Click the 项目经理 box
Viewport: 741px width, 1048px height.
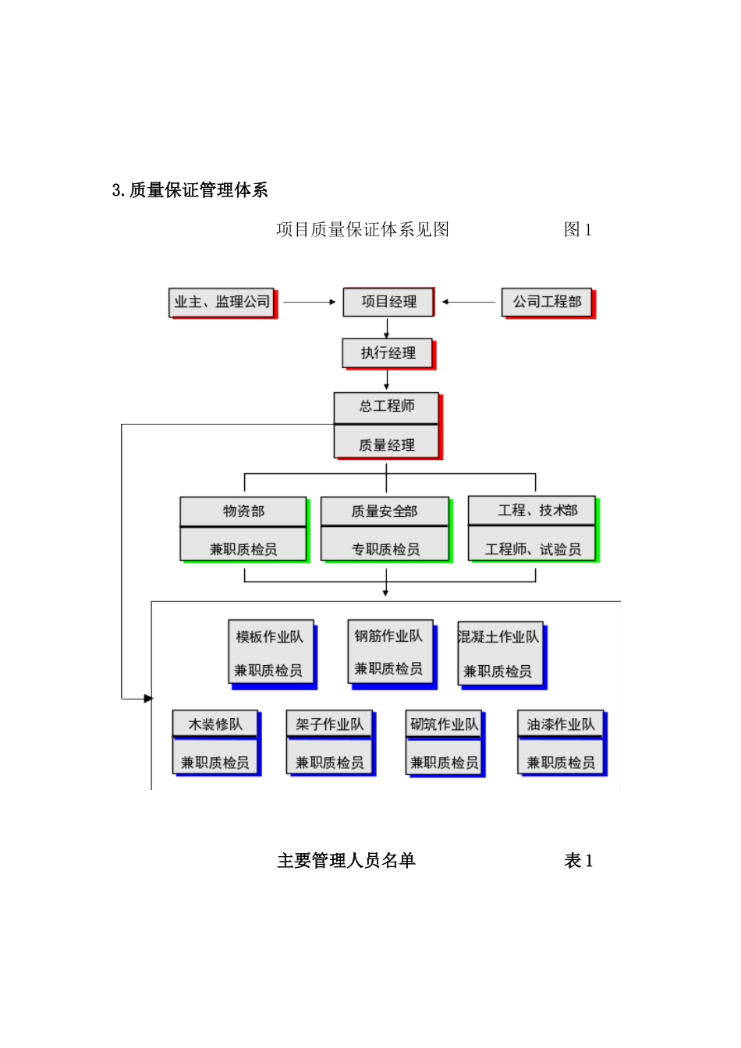pyautogui.click(x=388, y=302)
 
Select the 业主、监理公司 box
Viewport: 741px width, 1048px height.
pyautogui.click(x=222, y=303)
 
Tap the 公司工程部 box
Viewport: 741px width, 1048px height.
pyautogui.click(x=547, y=302)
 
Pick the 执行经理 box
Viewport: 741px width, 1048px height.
pyautogui.click(x=388, y=353)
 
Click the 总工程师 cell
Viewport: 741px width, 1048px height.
pyautogui.click(x=387, y=407)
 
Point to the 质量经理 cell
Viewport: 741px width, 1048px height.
pyautogui.click(x=387, y=444)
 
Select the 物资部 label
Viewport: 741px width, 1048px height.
pyautogui.click(x=243, y=512)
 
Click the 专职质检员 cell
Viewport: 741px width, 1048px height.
pyautogui.click(x=385, y=548)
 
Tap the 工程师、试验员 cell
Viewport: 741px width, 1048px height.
pyautogui.click(x=533, y=548)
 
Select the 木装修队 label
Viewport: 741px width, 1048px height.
pyautogui.click(x=215, y=724)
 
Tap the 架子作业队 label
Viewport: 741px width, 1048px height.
pyautogui.click(x=329, y=724)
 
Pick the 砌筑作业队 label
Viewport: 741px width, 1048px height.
pyautogui.click(x=444, y=724)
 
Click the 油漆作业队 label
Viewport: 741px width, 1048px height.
pyautogui.click(x=560, y=724)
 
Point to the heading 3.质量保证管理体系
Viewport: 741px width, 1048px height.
pyautogui.click(x=190, y=190)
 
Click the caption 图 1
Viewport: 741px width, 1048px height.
pyautogui.click(x=577, y=230)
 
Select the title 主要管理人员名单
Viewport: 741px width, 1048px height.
pyautogui.click(x=346, y=861)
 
